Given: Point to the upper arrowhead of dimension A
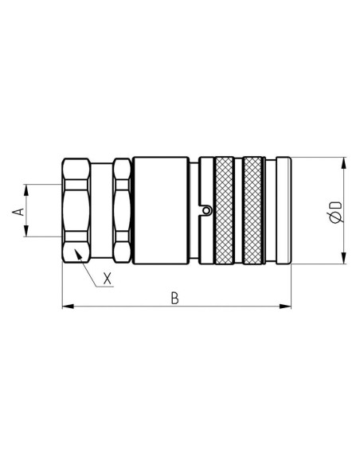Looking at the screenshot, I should tap(28, 190).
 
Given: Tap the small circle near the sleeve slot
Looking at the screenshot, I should tap(205, 211).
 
